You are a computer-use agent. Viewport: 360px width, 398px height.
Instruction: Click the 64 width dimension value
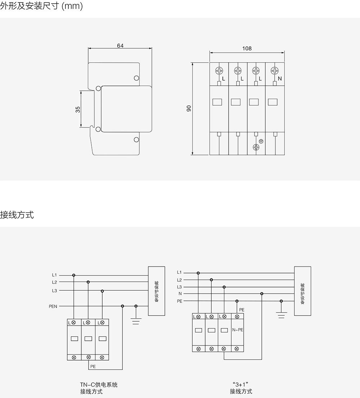(x=120, y=46)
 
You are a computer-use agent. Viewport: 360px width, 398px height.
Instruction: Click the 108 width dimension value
(x=247, y=49)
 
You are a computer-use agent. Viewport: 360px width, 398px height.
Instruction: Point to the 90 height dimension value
(x=189, y=108)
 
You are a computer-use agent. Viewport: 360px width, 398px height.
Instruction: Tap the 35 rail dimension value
(x=78, y=109)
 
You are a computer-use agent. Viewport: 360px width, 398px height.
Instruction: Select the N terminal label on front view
(x=280, y=79)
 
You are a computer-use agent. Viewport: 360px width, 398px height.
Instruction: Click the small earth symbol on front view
(x=261, y=141)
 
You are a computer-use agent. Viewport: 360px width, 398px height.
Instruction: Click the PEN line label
(x=53, y=307)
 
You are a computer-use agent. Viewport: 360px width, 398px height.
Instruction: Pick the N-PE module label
(x=238, y=330)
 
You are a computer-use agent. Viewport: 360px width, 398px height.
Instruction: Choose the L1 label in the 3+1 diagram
(x=179, y=272)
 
